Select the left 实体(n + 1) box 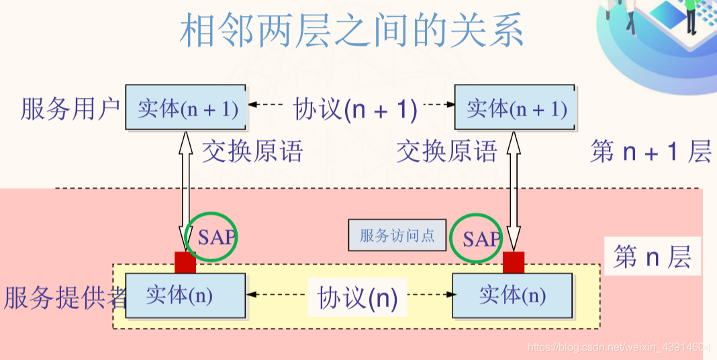185,107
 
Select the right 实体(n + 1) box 514,107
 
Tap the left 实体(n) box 185,296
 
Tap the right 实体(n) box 513,296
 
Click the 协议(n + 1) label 355,108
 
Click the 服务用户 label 70,108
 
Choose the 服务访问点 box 397,236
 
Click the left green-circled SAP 212,236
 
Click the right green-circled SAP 477,238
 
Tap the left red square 185,263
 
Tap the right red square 514,263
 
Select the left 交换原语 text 252,151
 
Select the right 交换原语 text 446,151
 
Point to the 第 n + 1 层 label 650,152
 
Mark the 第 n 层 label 652,257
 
